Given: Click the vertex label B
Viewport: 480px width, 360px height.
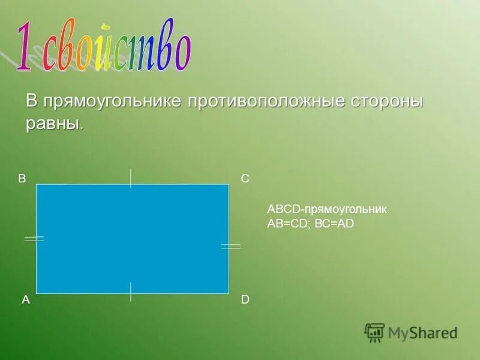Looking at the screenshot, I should click(x=22, y=178).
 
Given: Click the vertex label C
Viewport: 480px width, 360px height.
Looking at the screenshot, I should click(x=245, y=179).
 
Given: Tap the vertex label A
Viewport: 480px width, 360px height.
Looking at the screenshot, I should click(x=26, y=299).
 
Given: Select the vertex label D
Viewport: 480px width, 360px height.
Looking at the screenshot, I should click(x=245, y=299).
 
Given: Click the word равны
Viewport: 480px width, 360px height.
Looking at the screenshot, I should click(x=53, y=124).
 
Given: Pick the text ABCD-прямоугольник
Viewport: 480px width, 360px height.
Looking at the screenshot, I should click(x=327, y=209).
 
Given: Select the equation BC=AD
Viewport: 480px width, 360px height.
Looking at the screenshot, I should click(x=335, y=223).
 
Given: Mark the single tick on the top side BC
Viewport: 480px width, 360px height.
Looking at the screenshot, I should click(x=131, y=178).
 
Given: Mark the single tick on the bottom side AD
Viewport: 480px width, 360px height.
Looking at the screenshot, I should click(x=131, y=291).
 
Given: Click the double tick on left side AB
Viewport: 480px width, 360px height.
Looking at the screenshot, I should click(x=34, y=238).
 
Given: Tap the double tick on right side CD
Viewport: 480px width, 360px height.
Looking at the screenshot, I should click(x=230, y=246).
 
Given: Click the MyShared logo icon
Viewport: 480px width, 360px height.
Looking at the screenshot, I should click(x=374, y=332).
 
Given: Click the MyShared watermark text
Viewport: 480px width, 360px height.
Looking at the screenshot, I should click(x=422, y=332).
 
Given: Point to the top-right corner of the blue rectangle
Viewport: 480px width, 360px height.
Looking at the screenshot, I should click(x=229, y=184).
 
